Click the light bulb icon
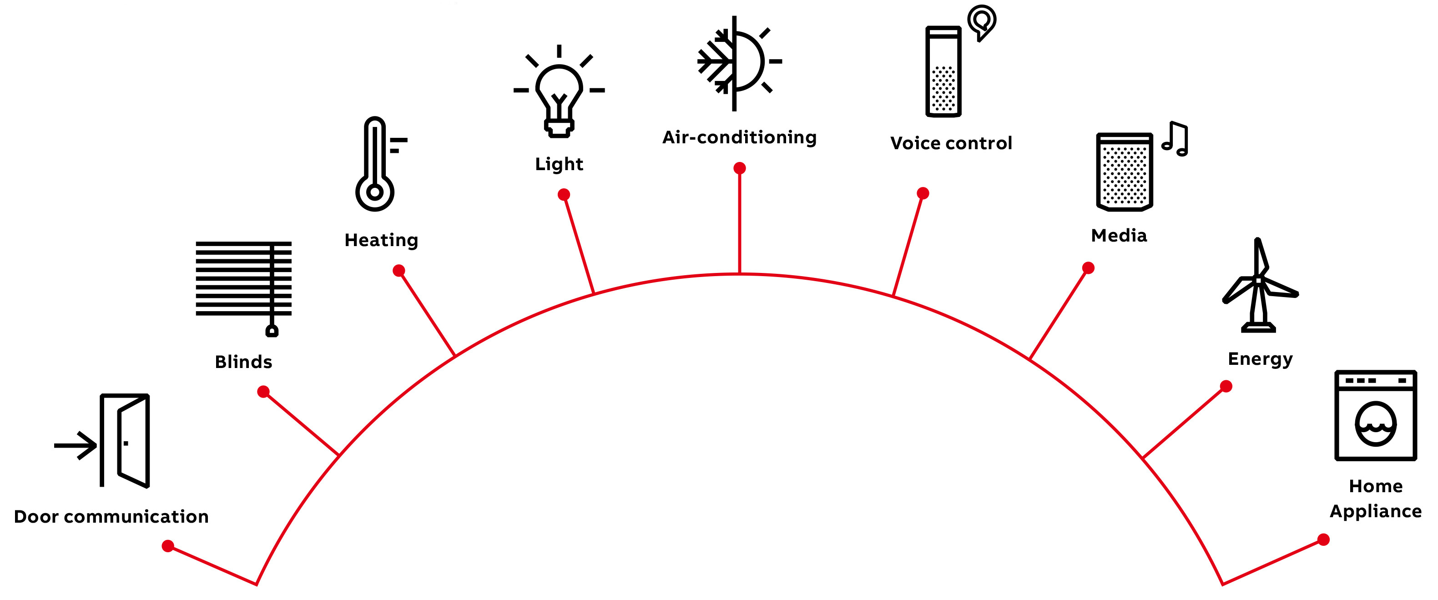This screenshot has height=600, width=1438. (x=559, y=91)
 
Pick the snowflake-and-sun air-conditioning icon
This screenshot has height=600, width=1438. (x=740, y=63)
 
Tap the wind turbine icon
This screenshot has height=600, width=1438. (x=1259, y=285)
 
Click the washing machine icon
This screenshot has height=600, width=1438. (x=1376, y=415)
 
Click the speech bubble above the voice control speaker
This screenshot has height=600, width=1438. (x=981, y=22)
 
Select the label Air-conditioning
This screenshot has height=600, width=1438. (x=740, y=137)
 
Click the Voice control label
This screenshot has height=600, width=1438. (x=951, y=143)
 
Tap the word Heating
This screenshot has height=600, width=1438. (x=381, y=241)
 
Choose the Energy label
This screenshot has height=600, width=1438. (x=1261, y=359)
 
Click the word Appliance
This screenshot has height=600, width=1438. (x=1376, y=512)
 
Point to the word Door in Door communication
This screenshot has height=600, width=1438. (x=36, y=517)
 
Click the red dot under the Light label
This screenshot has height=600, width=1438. (x=564, y=194)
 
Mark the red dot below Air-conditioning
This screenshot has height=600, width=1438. (x=740, y=168)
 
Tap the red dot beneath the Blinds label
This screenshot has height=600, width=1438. (x=263, y=392)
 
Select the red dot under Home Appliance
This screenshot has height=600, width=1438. (x=1323, y=539)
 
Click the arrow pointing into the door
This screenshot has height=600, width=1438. (x=76, y=445)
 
